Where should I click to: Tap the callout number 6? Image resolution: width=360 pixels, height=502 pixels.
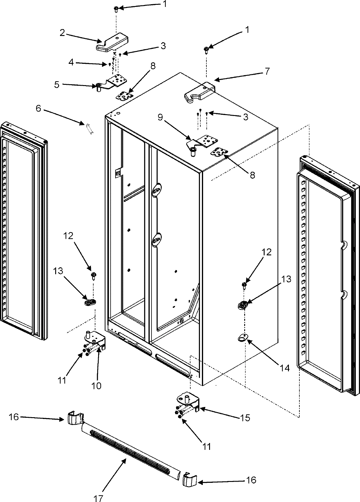point(38,108)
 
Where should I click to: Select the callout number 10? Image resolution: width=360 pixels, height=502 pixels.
point(97,385)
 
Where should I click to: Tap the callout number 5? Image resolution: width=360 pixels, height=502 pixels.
point(57,85)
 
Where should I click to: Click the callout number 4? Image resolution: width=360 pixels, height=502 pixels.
point(71,62)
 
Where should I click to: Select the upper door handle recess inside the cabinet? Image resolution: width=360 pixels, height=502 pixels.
point(157,189)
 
